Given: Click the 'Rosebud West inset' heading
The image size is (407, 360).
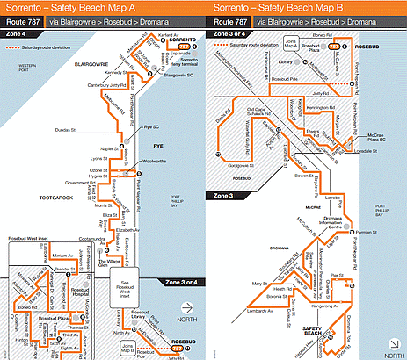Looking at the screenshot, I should coord(33,239).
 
